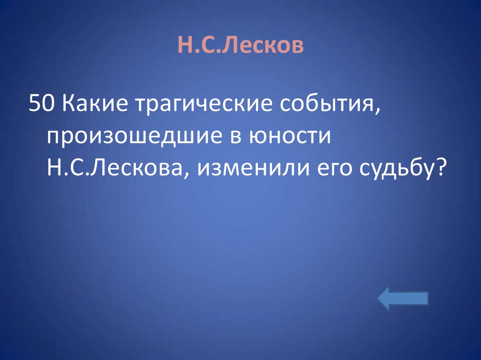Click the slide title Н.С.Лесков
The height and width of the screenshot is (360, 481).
[240, 46]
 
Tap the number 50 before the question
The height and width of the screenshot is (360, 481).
[41, 104]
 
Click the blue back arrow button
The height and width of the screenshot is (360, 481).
[403, 299]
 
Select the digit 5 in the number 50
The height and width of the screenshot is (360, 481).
[34, 104]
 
